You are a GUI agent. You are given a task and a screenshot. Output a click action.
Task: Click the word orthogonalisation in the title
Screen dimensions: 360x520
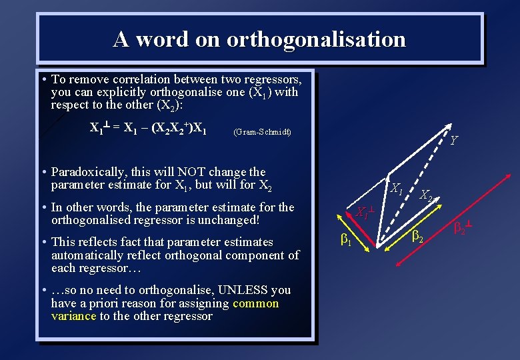click(315, 39)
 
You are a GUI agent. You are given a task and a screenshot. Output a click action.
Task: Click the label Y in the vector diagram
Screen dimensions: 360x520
click(453, 141)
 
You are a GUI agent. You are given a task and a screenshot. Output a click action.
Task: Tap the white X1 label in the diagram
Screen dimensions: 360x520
click(397, 189)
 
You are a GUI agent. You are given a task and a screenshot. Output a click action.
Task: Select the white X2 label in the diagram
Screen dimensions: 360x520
click(427, 196)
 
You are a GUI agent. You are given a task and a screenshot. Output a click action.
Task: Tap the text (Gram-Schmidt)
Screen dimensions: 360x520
click(262, 132)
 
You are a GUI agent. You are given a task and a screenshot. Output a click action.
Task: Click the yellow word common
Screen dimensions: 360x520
click(256, 303)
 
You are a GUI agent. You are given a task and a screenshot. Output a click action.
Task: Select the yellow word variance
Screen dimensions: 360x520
click(73, 316)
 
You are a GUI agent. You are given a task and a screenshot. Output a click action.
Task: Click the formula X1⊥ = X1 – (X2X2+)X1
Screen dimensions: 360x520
click(148, 127)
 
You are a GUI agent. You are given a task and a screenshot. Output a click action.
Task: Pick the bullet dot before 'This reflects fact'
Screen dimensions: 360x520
click(43, 242)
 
